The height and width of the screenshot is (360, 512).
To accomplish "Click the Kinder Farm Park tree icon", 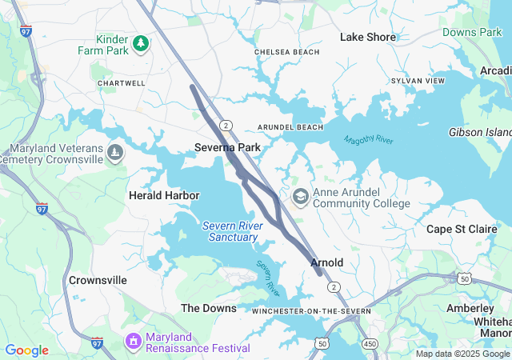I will [x=141, y=42].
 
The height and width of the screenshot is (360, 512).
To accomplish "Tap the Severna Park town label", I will [x=228, y=148].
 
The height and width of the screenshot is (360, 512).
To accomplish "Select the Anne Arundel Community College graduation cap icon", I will [x=301, y=197].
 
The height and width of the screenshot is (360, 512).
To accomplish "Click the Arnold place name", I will [x=326, y=262].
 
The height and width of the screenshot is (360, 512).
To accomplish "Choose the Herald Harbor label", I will [x=158, y=195].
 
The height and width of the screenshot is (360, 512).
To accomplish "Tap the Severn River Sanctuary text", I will [x=230, y=231].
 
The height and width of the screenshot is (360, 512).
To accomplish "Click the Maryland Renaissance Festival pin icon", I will [x=133, y=342].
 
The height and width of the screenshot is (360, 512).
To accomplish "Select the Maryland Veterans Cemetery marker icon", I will [x=116, y=152].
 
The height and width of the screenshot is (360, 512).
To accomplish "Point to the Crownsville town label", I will [x=98, y=281].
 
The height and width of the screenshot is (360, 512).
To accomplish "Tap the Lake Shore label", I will [x=368, y=37].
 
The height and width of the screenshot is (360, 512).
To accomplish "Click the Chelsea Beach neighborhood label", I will [x=287, y=52].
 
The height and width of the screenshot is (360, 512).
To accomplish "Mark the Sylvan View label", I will [x=418, y=82].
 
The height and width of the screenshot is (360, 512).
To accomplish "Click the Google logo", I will [x=26, y=350].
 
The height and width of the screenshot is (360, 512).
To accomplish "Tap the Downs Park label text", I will [x=472, y=32].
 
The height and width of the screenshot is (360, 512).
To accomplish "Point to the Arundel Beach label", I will [x=290, y=127].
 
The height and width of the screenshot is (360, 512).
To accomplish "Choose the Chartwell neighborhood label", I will [x=122, y=83].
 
